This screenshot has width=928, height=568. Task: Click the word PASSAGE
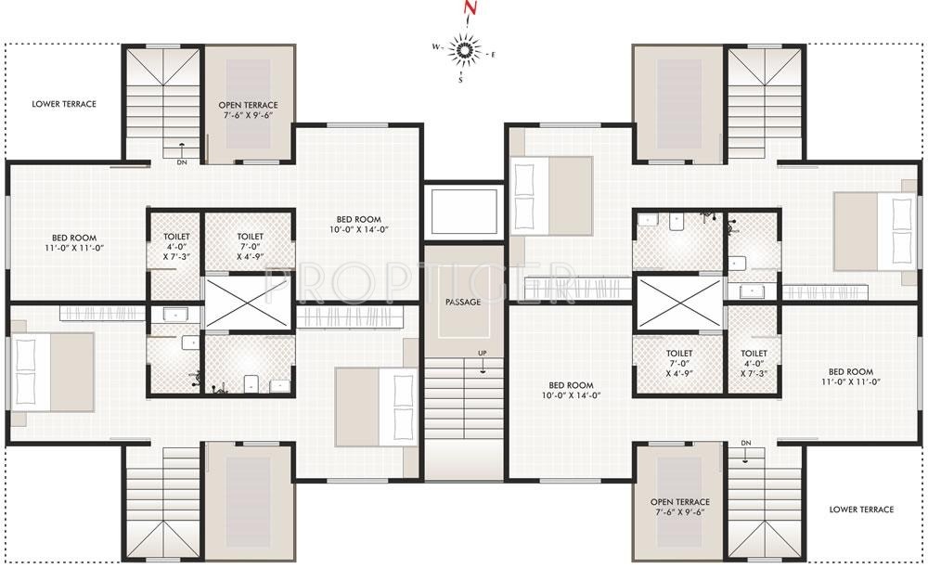tap(462, 303)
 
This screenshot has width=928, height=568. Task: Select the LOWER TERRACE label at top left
tap(64, 104)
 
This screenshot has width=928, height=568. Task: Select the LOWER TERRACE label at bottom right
tap(863, 510)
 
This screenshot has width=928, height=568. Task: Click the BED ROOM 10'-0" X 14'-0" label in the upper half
tap(357, 224)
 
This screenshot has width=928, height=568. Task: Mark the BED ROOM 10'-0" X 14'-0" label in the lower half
tap(571, 391)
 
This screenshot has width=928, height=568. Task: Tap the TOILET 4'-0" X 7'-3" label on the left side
tap(176, 245)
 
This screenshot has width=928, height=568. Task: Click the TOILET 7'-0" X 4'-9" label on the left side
tap(250, 245)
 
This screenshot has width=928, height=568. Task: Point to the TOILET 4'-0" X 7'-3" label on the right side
tap(754, 359)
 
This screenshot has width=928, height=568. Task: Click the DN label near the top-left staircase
tap(182, 162)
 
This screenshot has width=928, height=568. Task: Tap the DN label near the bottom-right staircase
tap(746, 443)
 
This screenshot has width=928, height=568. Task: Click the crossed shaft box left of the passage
tap(249, 303)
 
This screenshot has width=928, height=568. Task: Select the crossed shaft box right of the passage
tap(680, 303)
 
